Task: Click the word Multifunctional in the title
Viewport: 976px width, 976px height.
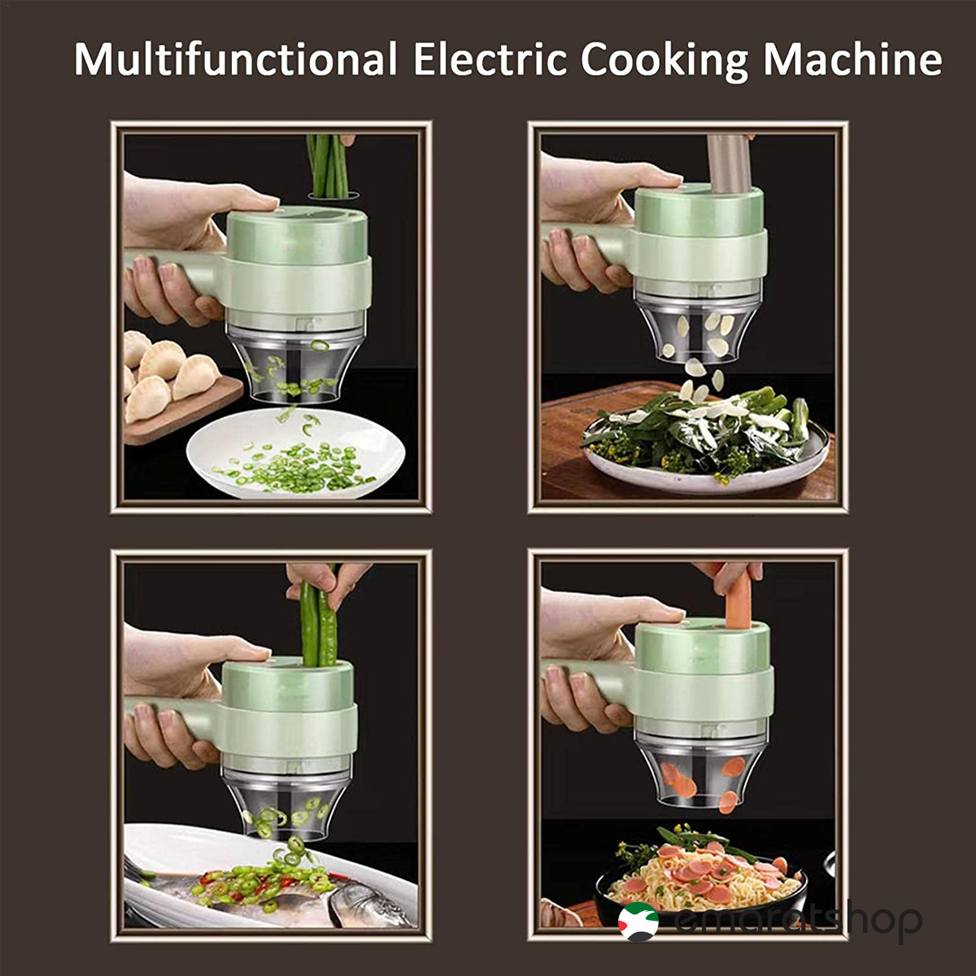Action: pos(235,61)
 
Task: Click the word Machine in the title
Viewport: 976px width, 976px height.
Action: pos(852,59)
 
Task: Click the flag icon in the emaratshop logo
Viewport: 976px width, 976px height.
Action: pos(638,921)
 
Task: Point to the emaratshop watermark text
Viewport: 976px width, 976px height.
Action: pos(797,921)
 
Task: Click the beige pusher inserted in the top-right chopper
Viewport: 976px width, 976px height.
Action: pos(728,163)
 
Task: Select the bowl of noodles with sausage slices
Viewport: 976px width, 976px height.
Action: pos(699,878)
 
